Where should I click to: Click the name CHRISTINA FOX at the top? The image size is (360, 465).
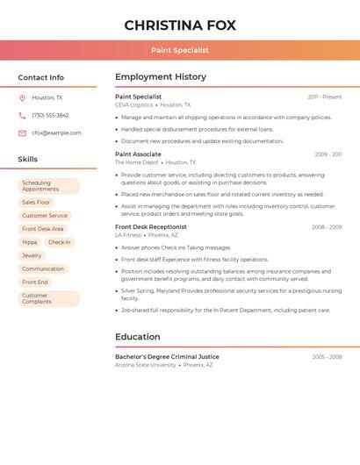coord(180,25)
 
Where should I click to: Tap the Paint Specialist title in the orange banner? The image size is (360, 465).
coord(180,50)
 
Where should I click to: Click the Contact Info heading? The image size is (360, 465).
coord(40,77)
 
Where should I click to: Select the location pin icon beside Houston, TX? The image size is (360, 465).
coord(22,98)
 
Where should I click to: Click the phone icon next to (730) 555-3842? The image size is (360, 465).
coord(22,116)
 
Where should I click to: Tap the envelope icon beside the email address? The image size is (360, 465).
coord(22,133)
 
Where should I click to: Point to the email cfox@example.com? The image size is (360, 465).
coord(56,133)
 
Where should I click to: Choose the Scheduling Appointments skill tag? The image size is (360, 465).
coord(48,186)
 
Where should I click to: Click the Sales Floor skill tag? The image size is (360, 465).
coord(36,202)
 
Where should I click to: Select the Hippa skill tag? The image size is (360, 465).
coord(30,242)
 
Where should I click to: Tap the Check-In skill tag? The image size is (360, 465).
coord(60,242)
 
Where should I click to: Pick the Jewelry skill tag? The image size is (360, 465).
coord(32,255)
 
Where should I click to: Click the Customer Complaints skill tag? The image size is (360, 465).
coord(48,298)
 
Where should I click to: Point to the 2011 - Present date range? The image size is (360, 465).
coord(325,97)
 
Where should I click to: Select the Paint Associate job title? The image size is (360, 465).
coord(137,154)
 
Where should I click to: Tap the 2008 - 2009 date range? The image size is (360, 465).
coord(327,227)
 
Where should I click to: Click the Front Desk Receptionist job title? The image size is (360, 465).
coord(150,227)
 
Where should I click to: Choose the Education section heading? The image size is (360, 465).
coord(138,337)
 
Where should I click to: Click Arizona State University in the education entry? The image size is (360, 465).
coord(146,365)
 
